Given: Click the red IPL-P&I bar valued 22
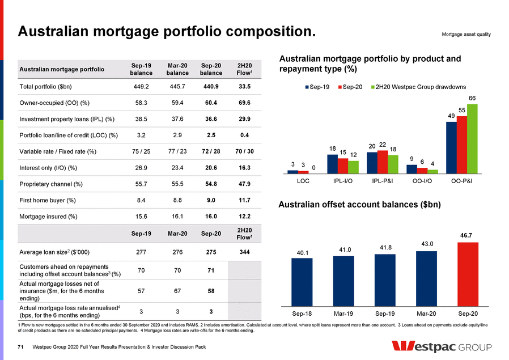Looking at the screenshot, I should point(383,161).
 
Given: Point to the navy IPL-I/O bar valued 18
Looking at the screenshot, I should point(333,163).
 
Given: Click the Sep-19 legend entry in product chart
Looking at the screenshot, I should point(318,87).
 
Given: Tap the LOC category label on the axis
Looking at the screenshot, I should point(303,182).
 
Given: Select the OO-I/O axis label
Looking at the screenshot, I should point(422,182).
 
